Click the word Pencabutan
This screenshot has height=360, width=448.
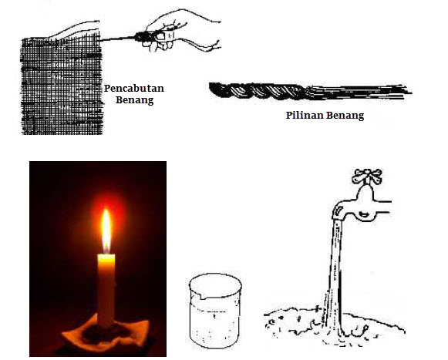pos(134,89)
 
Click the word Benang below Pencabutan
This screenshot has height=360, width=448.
pos(135,100)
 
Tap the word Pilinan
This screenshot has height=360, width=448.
pos(305,116)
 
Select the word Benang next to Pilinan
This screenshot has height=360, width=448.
pos(345,116)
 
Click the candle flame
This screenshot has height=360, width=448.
pos(106,230)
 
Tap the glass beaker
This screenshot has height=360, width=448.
pos(215,311)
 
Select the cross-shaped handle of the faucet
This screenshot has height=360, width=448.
pos(367,177)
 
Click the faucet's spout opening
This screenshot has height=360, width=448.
pos(338,213)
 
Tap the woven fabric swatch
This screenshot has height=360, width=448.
pos(61,85)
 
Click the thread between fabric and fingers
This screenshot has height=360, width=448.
pos(118,39)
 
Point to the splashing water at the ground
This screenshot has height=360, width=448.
pos(335,327)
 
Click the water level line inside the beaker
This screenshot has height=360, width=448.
pos(214,311)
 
